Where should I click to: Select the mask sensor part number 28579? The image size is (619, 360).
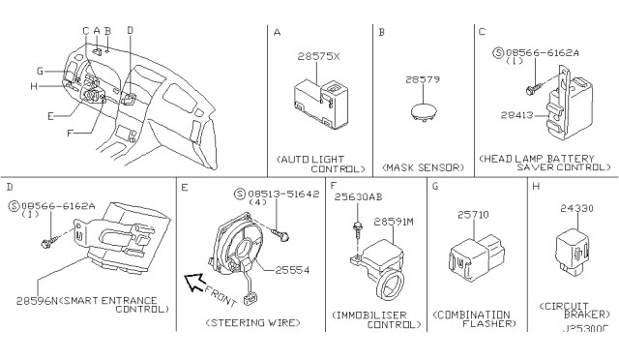pyautogui.click(x=420, y=78)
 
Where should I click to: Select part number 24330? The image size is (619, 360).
pyautogui.click(x=570, y=205)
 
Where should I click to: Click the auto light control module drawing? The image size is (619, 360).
pyautogui.click(x=316, y=102)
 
